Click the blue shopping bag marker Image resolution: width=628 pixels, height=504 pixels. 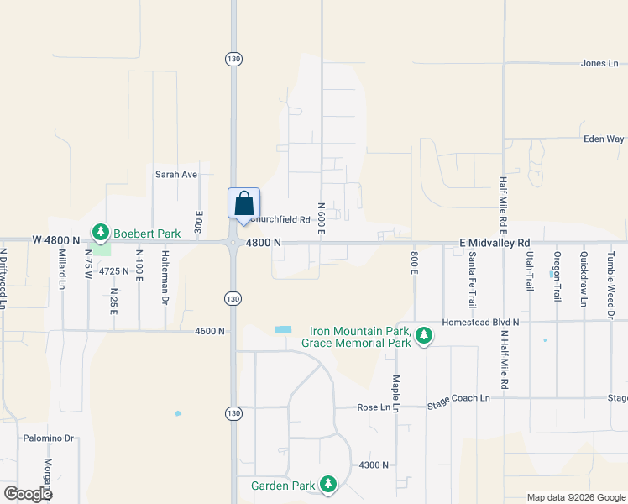coord(243,204)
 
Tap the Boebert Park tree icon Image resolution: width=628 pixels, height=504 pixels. coord(102,231)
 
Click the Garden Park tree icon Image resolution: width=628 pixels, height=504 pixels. coord(328,484)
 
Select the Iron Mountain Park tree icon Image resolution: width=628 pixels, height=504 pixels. coord(425,336)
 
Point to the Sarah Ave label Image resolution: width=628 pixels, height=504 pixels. coord(175,175)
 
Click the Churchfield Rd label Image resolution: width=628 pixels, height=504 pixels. coord(275,220)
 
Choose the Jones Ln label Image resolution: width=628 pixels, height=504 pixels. coord(599,63)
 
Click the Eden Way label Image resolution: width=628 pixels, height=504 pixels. coord(604,139)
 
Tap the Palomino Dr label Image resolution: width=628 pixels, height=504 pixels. coord(49,438)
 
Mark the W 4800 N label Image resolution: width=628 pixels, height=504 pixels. coord(56,240)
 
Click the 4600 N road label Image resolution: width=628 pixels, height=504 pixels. coord(210,331)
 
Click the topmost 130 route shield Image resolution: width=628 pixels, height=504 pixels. coord(233,58)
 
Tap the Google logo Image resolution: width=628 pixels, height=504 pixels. coord(28,494)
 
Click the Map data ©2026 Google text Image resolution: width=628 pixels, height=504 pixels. coord(575,497)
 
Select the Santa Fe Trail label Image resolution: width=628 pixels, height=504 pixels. coord(473,279)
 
